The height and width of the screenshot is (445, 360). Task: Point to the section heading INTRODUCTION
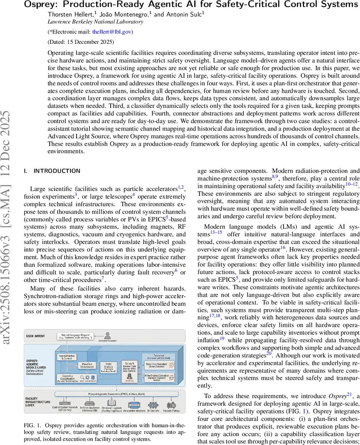[x=57, y=171]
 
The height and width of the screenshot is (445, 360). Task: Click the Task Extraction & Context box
[x=68, y=357]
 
